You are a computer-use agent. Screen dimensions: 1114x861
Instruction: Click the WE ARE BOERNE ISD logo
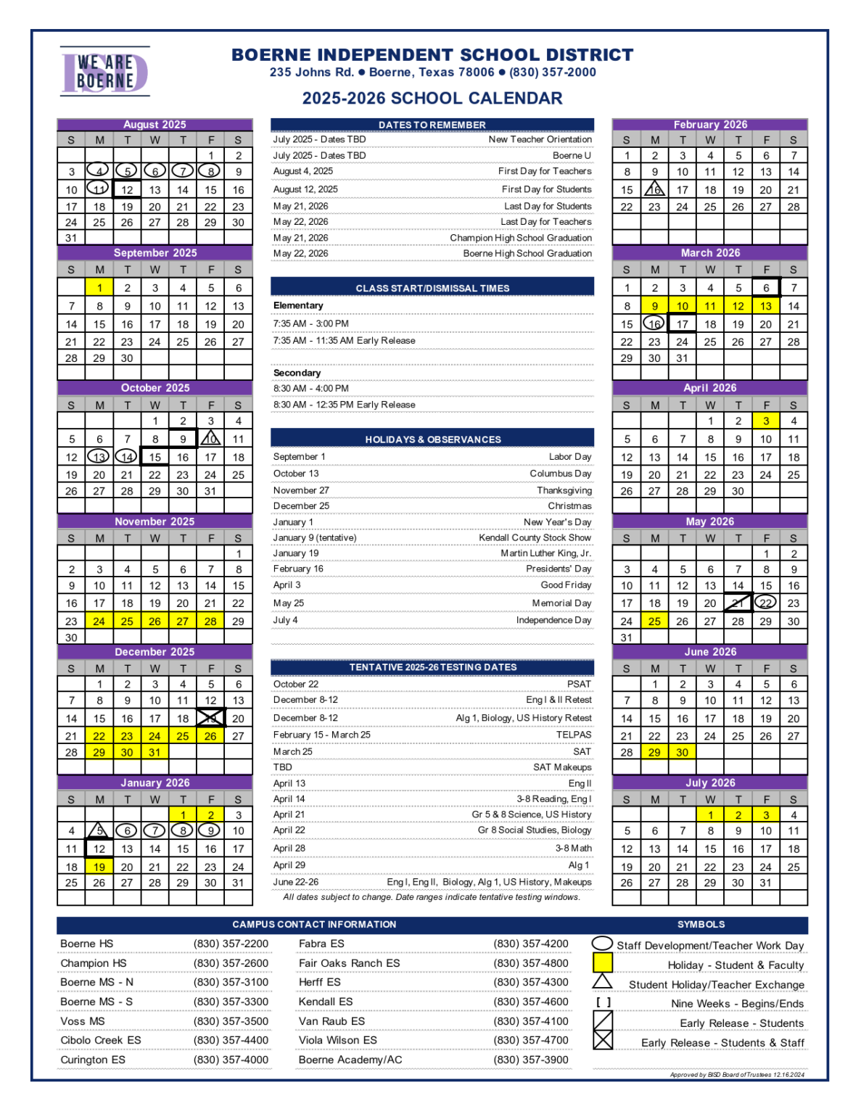click(x=104, y=72)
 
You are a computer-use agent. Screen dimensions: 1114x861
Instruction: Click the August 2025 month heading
click(x=155, y=125)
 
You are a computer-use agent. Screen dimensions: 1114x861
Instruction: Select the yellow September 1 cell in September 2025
click(x=99, y=288)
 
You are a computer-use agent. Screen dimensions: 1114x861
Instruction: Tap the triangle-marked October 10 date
click(x=210, y=439)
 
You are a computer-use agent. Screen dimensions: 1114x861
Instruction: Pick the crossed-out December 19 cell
click(x=210, y=718)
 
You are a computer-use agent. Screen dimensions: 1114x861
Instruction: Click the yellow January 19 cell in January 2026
click(x=99, y=867)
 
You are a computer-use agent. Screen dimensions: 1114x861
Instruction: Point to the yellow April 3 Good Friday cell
click(x=766, y=421)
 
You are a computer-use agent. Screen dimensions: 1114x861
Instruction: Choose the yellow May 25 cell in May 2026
click(x=654, y=622)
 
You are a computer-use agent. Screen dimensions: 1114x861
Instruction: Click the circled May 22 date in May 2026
click(x=766, y=603)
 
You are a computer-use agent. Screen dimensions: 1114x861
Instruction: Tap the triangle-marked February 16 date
click(x=654, y=190)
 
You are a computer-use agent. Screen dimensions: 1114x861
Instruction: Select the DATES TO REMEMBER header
click(x=432, y=125)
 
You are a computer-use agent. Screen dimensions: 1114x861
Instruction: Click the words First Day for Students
click(x=546, y=189)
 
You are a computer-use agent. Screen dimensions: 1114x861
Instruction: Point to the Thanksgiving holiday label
click(x=564, y=490)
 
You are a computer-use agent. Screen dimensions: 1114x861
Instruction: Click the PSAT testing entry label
click(x=579, y=684)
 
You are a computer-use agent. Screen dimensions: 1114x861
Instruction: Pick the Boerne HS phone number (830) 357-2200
click(x=231, y=944)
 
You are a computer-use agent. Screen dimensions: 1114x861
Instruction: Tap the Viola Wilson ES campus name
click(x=338, y=1040)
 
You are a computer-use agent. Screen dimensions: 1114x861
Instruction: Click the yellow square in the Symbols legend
click(x=603, y=962)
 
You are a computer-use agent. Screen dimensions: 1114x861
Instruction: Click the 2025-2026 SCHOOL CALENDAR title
click(x=432, y=99)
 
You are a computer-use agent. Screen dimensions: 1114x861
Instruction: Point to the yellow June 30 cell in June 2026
click(x=683, y=753)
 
